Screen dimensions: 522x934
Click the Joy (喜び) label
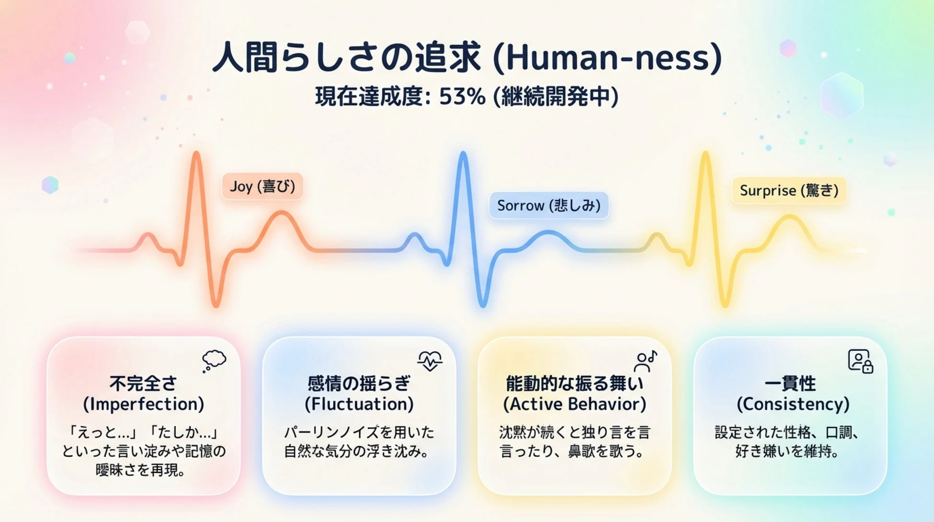[x=262, y=186]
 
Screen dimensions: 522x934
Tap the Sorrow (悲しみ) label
[x=548, y=206]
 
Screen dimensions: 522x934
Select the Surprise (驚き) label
[x=789, y=190]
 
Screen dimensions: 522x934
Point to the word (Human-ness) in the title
[x=607, y=58]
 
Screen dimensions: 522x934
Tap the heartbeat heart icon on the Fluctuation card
[x=430, y=360]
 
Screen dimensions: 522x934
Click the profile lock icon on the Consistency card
[x=860, y=361]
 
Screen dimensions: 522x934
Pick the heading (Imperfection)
[x=144, y=404]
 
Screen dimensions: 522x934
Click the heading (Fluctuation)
[x=359, y=404]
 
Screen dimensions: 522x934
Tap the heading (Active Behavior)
[x=574, y=404]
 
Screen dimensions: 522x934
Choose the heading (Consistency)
[x=793, y=404]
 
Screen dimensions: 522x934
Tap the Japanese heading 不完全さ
[x=143, y=383]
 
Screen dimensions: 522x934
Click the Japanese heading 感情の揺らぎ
[x=359, y=383]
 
